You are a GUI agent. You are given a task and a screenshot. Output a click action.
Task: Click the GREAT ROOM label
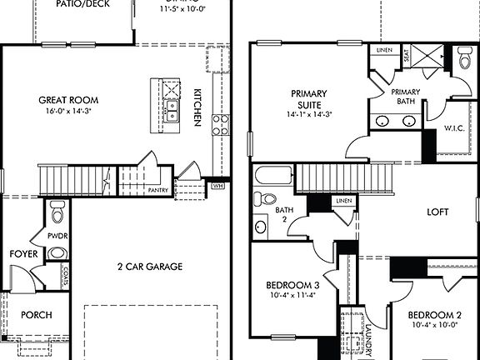pos(63,100)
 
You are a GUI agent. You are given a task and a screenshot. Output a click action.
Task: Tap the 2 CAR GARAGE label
pos(149,267)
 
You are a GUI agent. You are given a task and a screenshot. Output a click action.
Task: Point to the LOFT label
pos(438,212)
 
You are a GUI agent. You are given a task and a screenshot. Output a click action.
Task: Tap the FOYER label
pos(22,253)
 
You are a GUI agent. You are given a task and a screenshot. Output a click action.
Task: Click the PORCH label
pos(36,316)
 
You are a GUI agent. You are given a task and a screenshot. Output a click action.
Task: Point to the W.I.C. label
pos(454,128)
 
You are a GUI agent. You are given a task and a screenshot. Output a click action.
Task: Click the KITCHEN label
pos(198,107)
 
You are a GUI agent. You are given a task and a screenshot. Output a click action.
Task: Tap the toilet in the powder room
pos(57,212)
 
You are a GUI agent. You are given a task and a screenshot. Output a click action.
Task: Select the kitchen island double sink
pos(171,112)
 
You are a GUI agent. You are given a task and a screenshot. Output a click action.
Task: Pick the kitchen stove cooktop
pos(222,125)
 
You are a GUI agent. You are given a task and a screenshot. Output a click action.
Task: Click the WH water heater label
pos(218,186)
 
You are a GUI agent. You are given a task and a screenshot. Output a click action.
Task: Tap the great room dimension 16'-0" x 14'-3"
pos(63,110)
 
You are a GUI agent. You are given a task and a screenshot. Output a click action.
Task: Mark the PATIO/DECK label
pos(82,4)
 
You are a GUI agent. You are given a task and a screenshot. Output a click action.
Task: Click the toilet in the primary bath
pos(464,58)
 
